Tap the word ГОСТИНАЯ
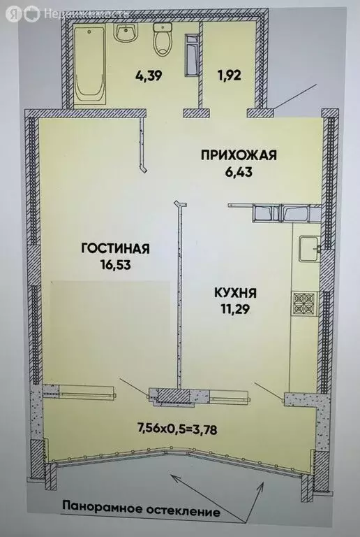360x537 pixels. coord(116,249)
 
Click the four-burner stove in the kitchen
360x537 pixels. coord(303,303)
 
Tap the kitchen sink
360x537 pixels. coord(308,248)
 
